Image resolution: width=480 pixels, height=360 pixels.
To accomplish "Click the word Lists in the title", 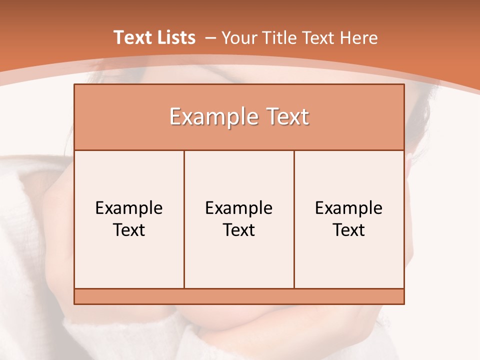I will [x=174, y=37].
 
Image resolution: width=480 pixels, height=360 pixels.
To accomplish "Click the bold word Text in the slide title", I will [x=131, y=37].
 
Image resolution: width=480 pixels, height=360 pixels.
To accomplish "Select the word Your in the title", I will [x=237, y=38].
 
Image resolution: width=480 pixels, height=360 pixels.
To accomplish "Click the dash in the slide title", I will [x=210, y=38].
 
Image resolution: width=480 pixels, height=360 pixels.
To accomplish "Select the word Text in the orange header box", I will [x=286, y=117].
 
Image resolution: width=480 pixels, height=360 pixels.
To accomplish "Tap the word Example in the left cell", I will [x=129, y=208].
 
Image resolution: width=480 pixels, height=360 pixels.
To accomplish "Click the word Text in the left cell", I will [x=129, y=230].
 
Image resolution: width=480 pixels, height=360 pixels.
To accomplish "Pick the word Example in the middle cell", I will [x=239, y=208].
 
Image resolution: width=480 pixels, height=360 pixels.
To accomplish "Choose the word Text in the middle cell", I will [x=239, y=230].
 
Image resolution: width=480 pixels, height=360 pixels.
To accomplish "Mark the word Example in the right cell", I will [x=349, y=208].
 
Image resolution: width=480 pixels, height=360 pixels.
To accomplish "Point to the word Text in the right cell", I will [x=349, y=230].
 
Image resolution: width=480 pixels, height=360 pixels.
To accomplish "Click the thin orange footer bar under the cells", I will [x=239, y=296].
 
